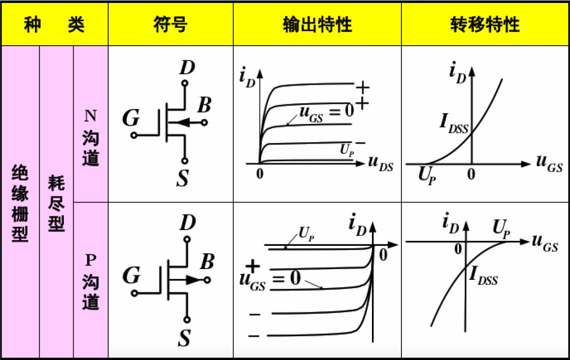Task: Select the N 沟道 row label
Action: (90, 137)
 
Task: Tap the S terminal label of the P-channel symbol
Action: (184, 338)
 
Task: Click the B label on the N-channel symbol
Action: (204, 104)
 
